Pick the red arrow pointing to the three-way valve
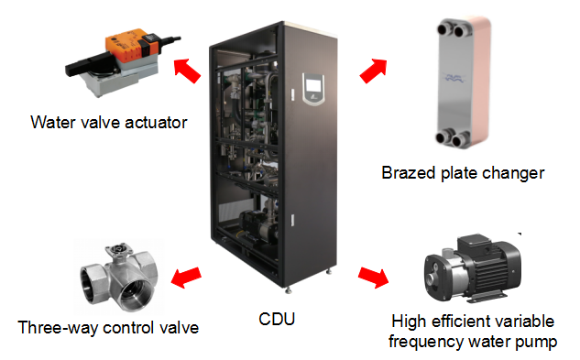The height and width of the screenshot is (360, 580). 188,274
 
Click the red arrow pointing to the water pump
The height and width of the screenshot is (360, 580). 374,275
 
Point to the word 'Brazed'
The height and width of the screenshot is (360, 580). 408,171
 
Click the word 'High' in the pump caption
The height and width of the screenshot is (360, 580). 409,322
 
